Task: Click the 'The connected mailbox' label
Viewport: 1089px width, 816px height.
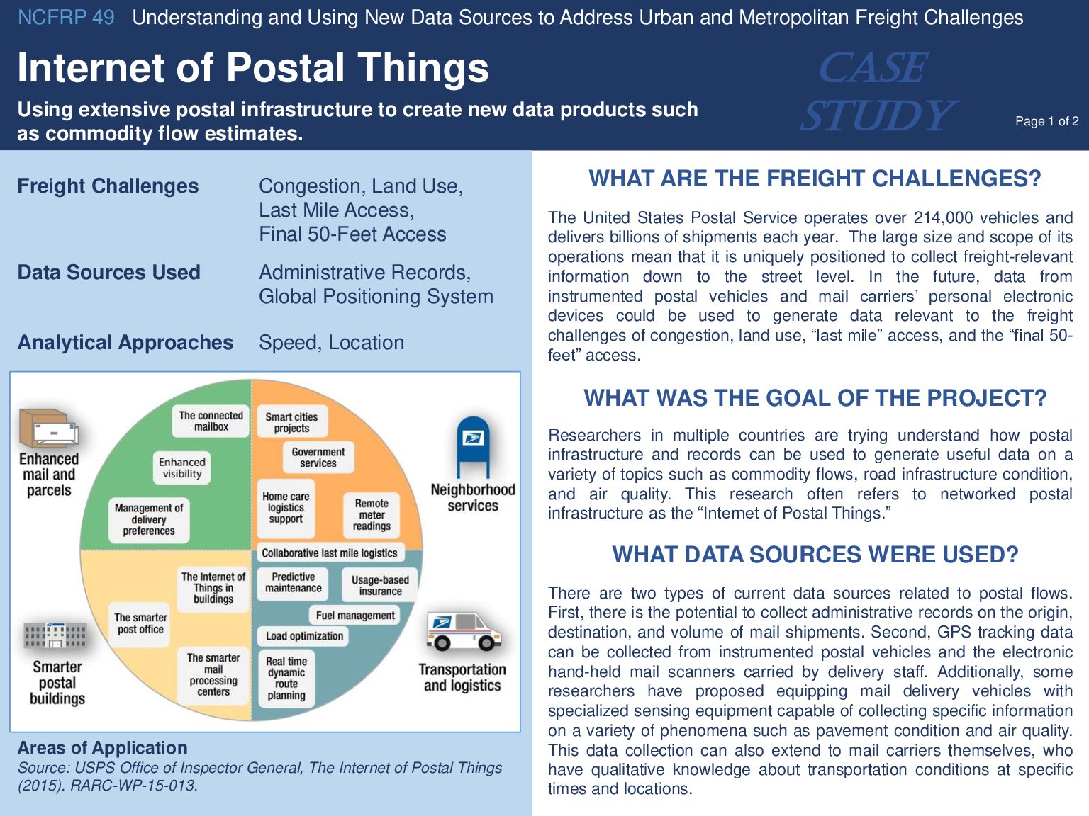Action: [211, 421]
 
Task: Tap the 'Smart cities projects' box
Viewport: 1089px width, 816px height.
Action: [291, 422]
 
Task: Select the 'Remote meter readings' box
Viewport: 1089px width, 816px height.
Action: [372, 514]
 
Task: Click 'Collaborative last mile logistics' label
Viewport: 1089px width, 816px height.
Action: [329, 552]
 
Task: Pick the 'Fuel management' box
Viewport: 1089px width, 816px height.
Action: [354, 616]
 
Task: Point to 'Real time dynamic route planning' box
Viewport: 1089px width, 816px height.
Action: [286, 678]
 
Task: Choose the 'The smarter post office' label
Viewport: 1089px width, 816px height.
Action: [140, 623]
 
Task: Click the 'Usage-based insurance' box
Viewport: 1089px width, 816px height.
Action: [380, 585]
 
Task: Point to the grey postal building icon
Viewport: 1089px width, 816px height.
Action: [55, 635]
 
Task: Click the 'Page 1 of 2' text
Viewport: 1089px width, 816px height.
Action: [1046, 121]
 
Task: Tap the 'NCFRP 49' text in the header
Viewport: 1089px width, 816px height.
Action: [66, 18]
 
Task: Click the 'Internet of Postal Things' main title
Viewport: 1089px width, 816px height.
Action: [253, 68]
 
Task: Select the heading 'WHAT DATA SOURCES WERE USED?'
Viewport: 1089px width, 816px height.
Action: [815, 555]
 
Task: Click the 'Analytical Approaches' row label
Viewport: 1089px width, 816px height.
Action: [125, 343]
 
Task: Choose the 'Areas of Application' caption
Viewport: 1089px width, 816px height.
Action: [103, 748]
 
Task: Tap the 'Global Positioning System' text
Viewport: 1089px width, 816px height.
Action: [376, 297]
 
